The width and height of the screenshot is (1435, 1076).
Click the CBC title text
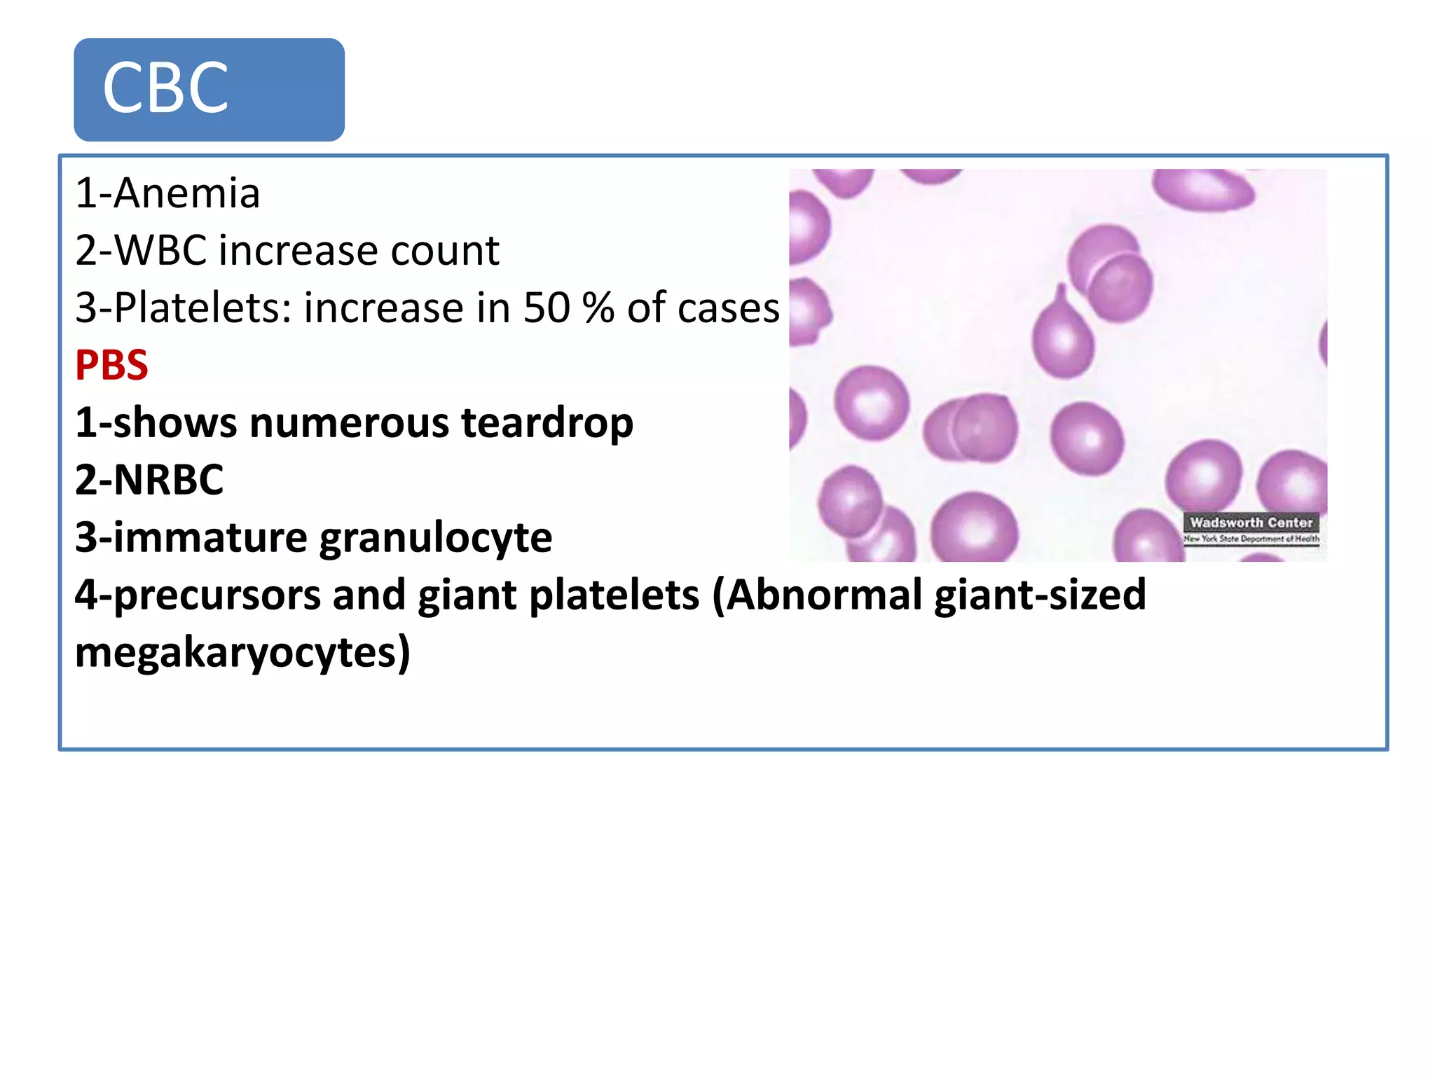[165, 88]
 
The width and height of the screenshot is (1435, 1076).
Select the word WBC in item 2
[160, 251]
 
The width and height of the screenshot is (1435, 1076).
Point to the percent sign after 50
[598, 308]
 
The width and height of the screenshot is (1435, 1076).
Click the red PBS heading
[111, 366]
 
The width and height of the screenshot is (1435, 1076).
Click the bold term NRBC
[168, 481]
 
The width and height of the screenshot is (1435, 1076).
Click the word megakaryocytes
[242, 653]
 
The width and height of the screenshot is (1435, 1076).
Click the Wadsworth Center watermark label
[1251, 523]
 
